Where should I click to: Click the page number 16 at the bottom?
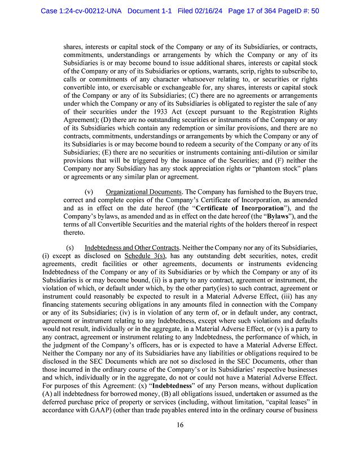coord(179,425)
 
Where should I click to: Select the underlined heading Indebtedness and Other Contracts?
coord(131,247)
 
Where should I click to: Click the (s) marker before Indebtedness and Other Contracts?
coord(70,247)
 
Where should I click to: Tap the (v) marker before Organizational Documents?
coord(89,192)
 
